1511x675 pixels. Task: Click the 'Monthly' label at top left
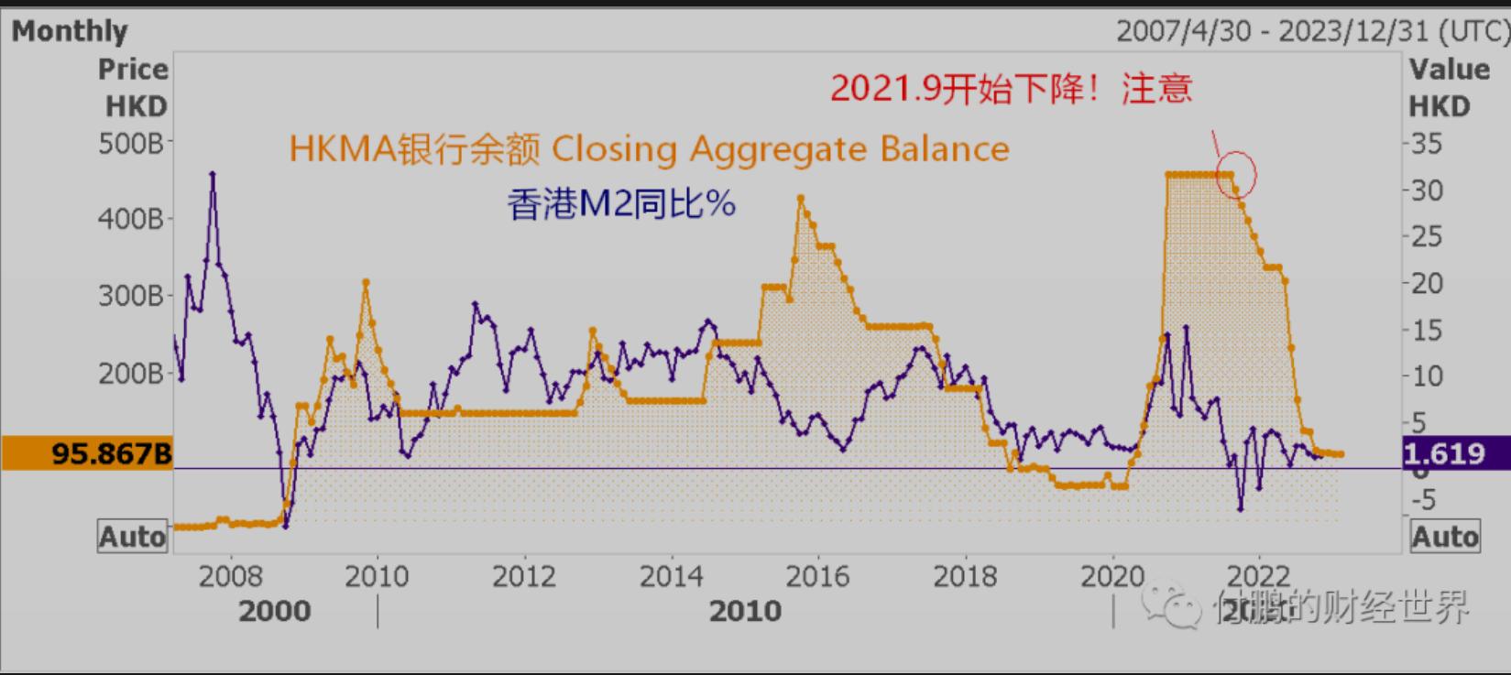click(x=70, y=31)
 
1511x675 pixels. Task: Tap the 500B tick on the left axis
click(x=131, y=144)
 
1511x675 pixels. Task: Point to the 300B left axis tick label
click(x=131, y=296)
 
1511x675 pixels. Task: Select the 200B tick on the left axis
click(x=131, y=373)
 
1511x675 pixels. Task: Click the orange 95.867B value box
click(x=88, y=453)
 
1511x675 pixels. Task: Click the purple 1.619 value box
click(x=1455, y=453)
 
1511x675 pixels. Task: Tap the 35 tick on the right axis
click(x=1427, y=144)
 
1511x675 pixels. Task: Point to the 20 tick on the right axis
click(x=1427, y=283)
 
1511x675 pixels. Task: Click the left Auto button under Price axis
click(x=133, y=537)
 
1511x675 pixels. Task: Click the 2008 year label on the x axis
click(x=230, y=576)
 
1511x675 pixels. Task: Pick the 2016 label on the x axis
click(x=817, y=576)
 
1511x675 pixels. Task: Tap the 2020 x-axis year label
click(x=1112, y=576)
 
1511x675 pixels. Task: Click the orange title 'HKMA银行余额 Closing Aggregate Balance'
click(x=649, y=148)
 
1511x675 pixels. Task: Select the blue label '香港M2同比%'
click(x=621, y=203)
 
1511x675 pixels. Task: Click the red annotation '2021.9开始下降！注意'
click(x=1011, y=89)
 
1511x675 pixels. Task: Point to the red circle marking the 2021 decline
click(x=1235, y=174)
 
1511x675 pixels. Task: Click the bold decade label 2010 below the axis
click(x=745, y=611)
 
